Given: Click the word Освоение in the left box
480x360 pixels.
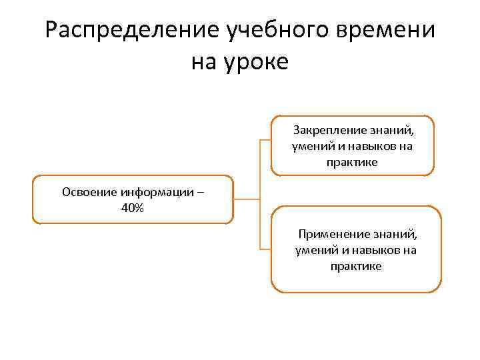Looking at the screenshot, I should coord(90,193).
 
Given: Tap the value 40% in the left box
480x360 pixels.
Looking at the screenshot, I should coord(133,208).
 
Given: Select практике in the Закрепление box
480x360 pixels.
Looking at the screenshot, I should coord(352,162).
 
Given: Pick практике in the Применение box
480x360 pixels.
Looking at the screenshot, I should coord(355,267).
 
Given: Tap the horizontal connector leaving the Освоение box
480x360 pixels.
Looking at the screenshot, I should coord(247,199).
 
